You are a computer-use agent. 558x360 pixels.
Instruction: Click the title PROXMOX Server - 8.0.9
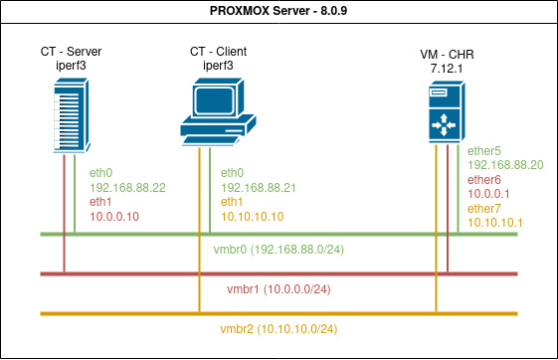279,11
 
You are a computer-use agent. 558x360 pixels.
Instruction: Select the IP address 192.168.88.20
504,165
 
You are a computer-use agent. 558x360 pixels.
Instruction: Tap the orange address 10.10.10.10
253,215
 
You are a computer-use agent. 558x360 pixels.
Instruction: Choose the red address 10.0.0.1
487,194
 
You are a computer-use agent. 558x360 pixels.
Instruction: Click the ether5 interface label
485,151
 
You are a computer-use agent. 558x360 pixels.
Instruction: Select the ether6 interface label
485,180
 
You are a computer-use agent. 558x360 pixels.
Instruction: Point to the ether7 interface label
485,209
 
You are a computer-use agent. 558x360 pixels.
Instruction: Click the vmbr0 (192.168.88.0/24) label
280,248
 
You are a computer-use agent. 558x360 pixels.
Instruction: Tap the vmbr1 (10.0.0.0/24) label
279,288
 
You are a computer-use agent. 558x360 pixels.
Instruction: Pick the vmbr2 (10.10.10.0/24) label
286,328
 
